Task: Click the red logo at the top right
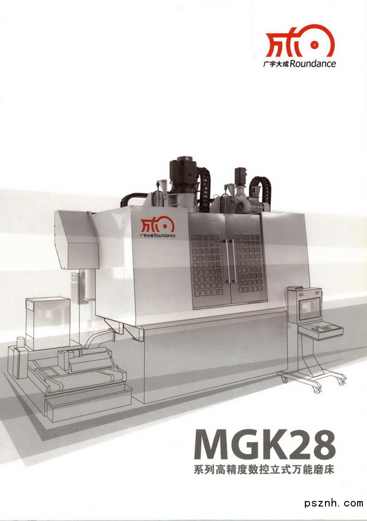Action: point(299,41)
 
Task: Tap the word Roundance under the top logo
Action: point(313,63)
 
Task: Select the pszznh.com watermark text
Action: point(334,503)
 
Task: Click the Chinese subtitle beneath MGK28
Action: point(264,470)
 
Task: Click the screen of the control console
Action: point(310,308)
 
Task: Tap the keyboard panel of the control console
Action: point(320,330)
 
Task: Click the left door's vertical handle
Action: point(228,261)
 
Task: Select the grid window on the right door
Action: point(247,263)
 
